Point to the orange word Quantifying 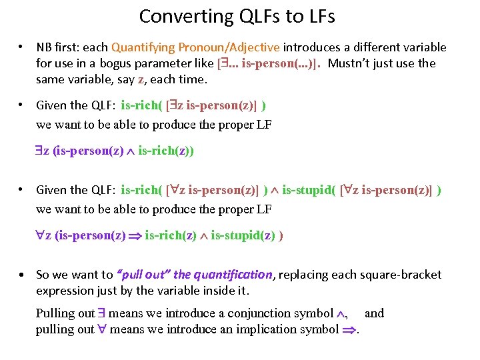[141, 47]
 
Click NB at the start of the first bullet [43, 47]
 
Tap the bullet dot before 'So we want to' [23, 275]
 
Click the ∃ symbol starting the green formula [39, 152]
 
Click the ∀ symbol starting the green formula [40, 236]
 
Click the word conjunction [258, 313]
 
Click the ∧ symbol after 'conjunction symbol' [343, 314]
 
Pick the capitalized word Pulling [56, 313]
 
